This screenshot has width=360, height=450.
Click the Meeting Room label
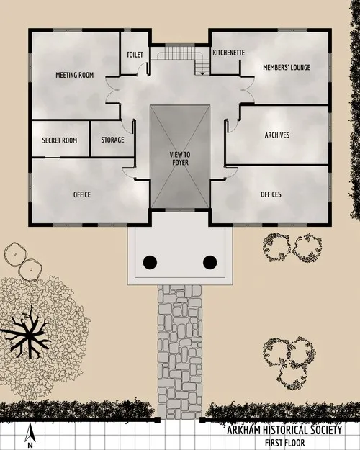coord(76,75)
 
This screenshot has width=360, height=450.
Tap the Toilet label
coord(135,55)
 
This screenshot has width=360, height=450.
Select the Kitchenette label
coord(229,53)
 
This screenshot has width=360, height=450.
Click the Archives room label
coord(277,135)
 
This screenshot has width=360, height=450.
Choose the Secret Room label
coord(60,140)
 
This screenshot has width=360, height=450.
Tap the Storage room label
coord(112,140)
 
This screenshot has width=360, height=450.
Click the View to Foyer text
coord(180,158)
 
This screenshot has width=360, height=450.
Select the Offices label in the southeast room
coord(271,194)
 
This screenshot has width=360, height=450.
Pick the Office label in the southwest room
coord(82,194)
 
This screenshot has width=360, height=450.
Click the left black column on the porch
coord(150,262)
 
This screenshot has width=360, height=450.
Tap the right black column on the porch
coord(210,262)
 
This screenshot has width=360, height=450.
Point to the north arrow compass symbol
coord(30,433)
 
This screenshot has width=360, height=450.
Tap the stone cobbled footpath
coord(180,353)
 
